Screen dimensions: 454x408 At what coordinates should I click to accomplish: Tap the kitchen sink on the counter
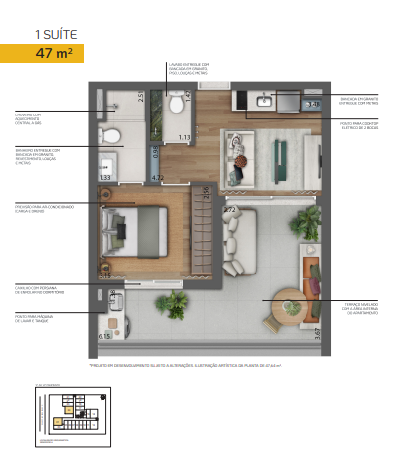tap(265, 100)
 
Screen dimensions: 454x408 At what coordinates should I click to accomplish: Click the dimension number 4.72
tap(157, 177)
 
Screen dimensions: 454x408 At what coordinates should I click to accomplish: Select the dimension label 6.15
tap(104, 336)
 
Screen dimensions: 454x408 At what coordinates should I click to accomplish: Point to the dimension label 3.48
tap(313, 103)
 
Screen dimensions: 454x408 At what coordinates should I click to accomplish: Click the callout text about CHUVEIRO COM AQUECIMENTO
tap(35, 118)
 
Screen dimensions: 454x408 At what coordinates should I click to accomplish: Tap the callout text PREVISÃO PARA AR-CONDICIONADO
tap(42, 208)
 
